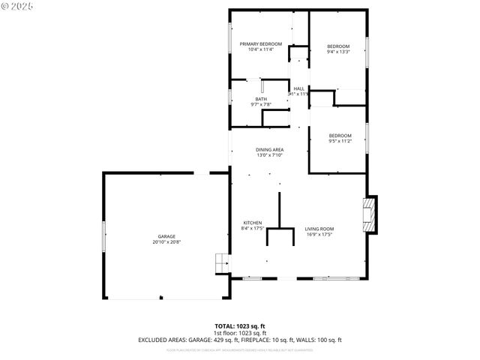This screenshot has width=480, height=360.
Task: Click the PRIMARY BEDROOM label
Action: click(260, 44)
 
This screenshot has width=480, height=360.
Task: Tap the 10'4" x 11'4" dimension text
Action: click(260, 50)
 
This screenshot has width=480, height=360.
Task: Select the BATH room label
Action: click(260, 99)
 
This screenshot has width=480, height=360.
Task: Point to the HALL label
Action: click(298, 88)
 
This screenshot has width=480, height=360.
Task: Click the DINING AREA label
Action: click(268, 150)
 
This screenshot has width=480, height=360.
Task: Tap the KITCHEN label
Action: click(252, 223)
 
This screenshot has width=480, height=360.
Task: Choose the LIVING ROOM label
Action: click(319, 229)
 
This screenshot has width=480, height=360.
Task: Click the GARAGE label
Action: click(166, 236)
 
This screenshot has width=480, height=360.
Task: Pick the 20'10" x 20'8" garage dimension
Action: click(166, 241)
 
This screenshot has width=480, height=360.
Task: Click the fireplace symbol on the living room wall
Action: click(370, 215)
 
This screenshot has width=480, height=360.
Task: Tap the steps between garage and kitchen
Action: click(221, 263)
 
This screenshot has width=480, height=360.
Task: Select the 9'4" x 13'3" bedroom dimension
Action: click(338, 52)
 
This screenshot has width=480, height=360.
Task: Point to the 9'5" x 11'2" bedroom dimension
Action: click(340, 141)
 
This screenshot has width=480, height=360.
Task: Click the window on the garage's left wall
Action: click(103, 237)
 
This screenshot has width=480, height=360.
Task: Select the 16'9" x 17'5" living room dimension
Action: click(319, 235)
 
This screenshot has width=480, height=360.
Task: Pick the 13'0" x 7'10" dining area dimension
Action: click(268, 155)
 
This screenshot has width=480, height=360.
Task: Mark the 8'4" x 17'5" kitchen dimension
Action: click(252, 229)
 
